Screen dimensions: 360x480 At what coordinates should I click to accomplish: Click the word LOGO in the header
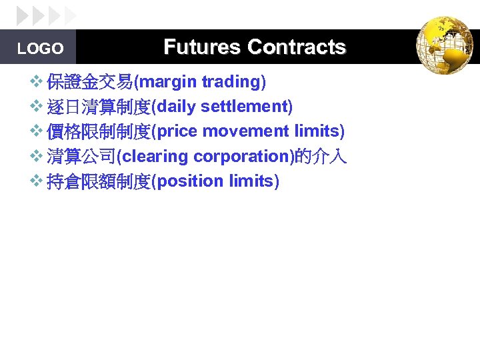pyautogui.click(x=40, y=49)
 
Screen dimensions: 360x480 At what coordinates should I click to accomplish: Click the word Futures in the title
pyautogui.click(x=201, y=47)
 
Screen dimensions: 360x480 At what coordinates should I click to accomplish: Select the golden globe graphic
pyautogui.click(x=444, y=45)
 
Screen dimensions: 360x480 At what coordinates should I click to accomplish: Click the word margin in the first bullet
pyautogui.click(x=168, y=82)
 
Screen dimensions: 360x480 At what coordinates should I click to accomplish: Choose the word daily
pyautogui.click(x=177, y=107)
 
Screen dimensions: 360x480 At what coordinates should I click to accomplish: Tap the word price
pyautogui.click(x=178, y=131)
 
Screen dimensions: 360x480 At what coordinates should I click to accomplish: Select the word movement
pyautogui.click(x=246, y=131)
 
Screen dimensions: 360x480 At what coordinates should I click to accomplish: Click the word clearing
pyautogui.click(x=155, y=157)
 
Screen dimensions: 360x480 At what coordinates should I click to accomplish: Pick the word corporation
pyautogui.click(x=241, y=157)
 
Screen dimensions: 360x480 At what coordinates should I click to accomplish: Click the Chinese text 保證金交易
pyautogui.click(x=89, y=82)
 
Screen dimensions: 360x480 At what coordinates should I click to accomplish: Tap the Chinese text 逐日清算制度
pyautogui.click(x=99, y=107)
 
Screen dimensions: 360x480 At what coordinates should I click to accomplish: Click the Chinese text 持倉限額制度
pyautogui.click(x=99, y=181)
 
